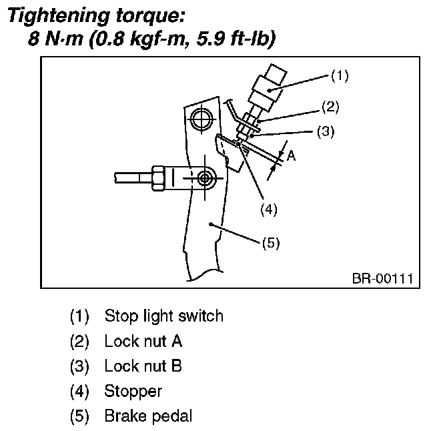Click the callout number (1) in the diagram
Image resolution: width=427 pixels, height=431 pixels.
[x=340, y=75]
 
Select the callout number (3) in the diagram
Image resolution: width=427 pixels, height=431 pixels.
[x=325, y=131]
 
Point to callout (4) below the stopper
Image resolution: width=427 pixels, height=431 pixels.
[x=268, y=209]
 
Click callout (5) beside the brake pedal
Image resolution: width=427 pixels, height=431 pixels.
[x=270, y=243]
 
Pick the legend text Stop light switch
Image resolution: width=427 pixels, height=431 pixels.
[x=163, y=316]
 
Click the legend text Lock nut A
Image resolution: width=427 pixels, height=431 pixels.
[x=143, y=341]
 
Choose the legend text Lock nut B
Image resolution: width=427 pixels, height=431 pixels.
[x=143, y=366]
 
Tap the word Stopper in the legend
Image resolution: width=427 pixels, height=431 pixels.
[x=133, y=391]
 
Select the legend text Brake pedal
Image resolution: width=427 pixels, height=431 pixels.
[x=148, y=416]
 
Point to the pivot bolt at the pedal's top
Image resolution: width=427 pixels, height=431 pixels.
[x=199, y=120]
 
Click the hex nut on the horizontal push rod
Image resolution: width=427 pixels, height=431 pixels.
[x=160, y=178]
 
